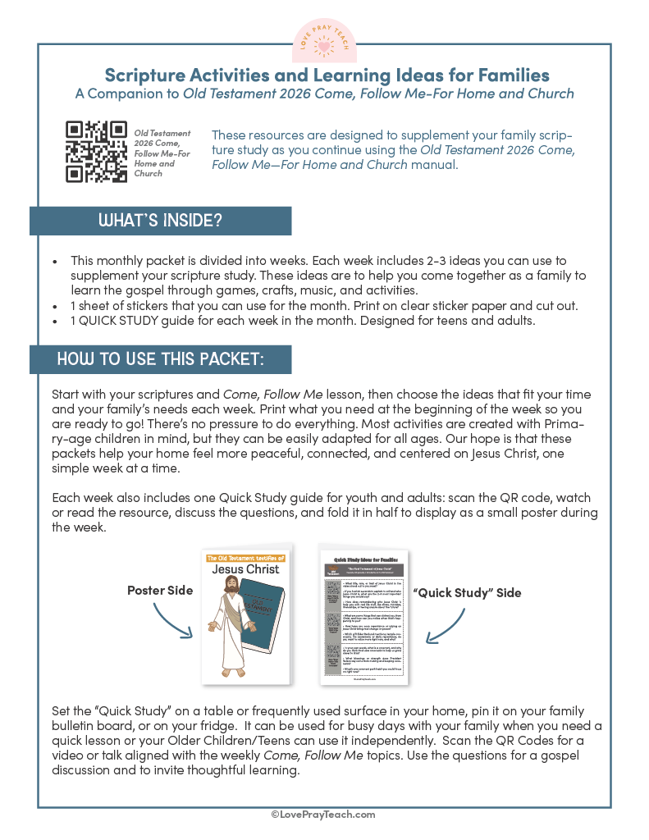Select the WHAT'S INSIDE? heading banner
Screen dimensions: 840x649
pos(160,221)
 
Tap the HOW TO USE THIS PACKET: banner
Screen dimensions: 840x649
pos(160,359)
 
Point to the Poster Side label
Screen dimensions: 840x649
pos(160,590)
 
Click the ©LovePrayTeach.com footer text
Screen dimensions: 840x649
pos(323,814)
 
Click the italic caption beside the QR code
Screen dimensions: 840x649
pos(162,153)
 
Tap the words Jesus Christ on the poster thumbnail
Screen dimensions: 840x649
pos(245,568)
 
